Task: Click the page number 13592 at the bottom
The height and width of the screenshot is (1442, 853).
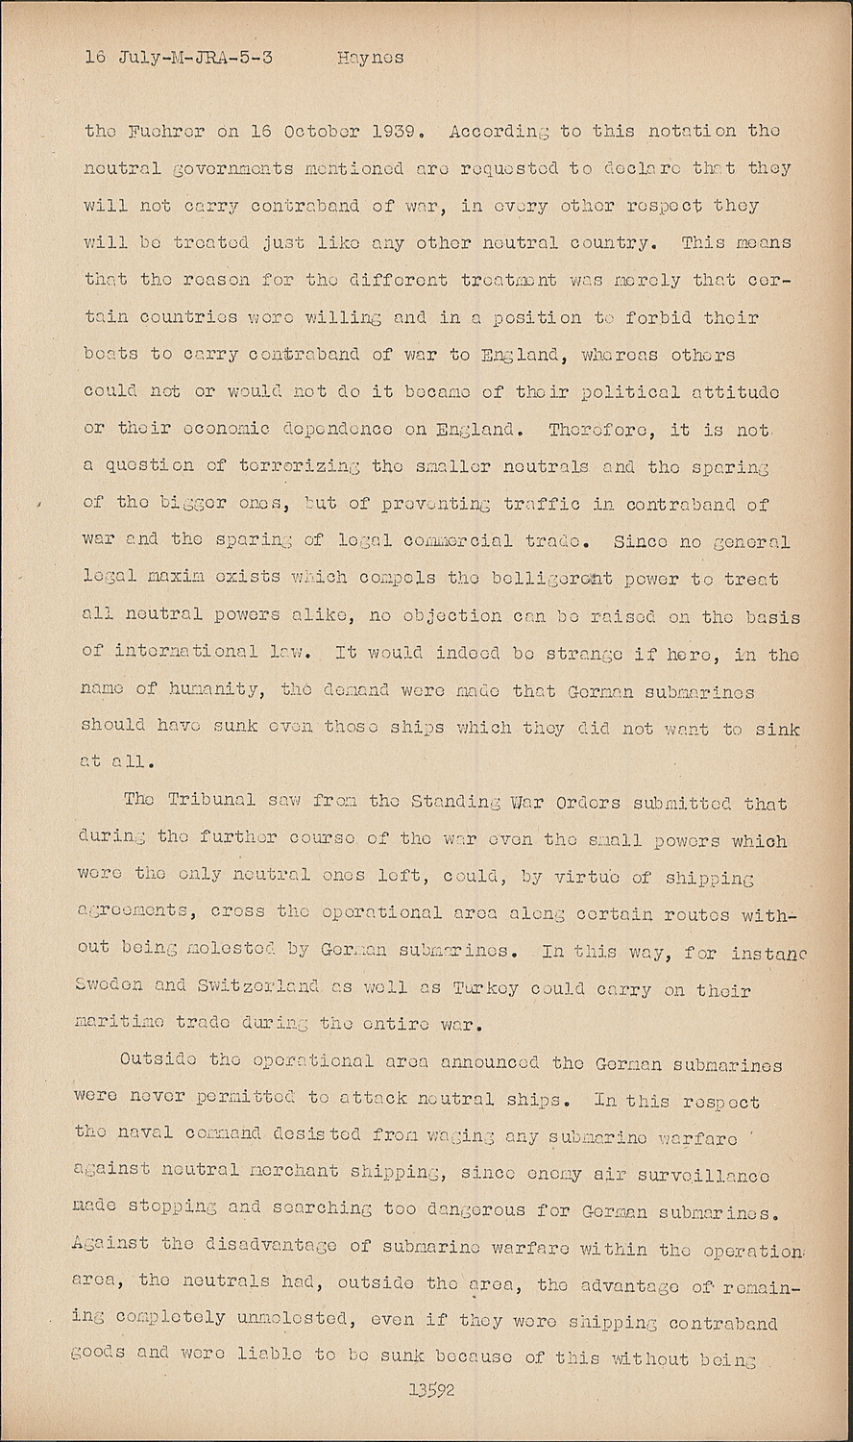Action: click(430, 1389)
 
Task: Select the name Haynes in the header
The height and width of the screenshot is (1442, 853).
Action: click(370, 58)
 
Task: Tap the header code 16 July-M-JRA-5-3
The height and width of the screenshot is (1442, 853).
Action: click(179, 58)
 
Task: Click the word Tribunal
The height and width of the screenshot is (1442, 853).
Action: click(211, 801)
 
